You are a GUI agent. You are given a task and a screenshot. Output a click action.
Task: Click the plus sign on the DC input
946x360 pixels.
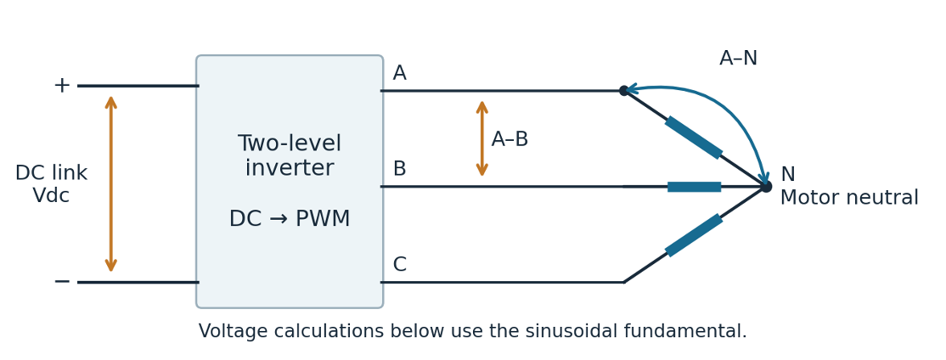pyautogui.click(x=62, y=86)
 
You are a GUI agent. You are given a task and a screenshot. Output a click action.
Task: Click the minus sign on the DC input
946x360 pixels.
pyautogui.click(x=62, y=282)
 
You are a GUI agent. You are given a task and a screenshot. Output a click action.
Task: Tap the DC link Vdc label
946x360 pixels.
pyautogui.click(x=51, y=184)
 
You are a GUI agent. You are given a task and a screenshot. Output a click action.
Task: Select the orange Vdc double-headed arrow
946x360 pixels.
pyautogui.click(x=111, y=184)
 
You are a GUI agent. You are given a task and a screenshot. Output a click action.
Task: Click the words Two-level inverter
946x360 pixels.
pyautogui.click(x=290, y=155)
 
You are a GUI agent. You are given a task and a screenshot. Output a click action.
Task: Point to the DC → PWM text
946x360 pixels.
pyautogui.click(x=290, y=219)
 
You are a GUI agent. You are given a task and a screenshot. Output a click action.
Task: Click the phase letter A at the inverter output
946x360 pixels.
pyautogui.click(x=399, y=74)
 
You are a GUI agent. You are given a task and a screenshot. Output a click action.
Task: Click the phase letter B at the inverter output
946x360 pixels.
pyautogui.click(x=399, y=169)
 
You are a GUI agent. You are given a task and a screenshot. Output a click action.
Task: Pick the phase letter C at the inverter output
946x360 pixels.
pyautogui.click(x=399, y=265)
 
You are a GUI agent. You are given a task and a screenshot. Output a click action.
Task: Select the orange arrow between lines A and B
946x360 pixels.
pyautogui.click(x=482, y=138)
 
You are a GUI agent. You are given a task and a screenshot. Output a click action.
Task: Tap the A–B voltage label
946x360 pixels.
pyautogui.click(x=510, y=139)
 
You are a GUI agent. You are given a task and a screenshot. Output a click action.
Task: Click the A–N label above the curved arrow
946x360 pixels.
pyautogui.click(x=739, y=59)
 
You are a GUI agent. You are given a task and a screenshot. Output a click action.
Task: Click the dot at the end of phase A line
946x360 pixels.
pyautogui.click(x=624, y=91)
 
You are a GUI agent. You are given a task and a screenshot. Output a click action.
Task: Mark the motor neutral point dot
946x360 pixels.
pyautogui.click(x=766, y=187)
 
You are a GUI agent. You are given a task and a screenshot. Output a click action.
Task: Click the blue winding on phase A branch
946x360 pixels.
pyautogui.click(x=694, y=138)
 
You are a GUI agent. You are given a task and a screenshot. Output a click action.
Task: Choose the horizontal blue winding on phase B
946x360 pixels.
pyautogui.click(x=695, y=187)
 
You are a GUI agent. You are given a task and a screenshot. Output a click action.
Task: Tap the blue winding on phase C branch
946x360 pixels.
pyautogui.click(x=694, y=235)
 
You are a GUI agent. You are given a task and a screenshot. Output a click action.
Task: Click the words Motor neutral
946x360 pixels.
pyautogui.click(x=849, y=198)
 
